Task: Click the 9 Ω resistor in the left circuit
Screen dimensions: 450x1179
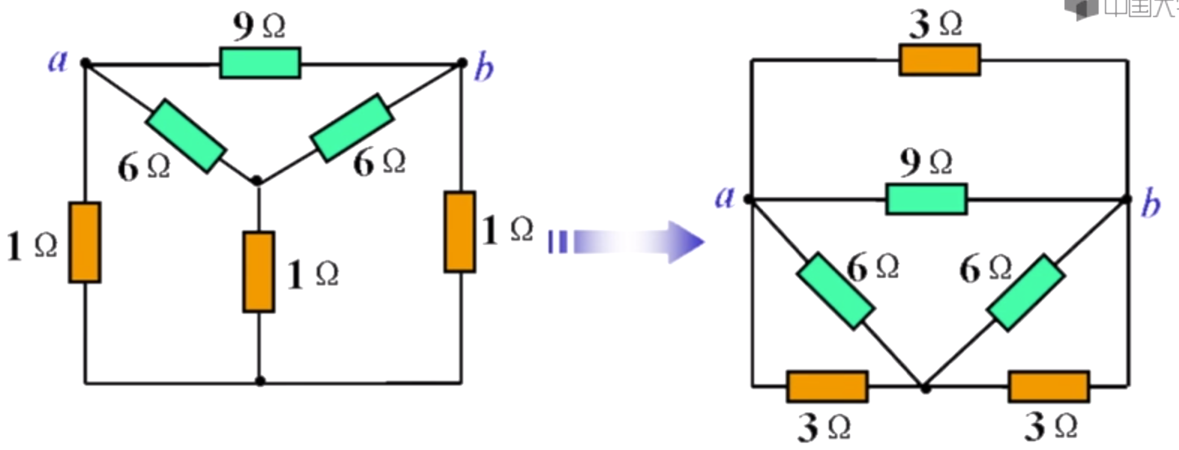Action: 260,64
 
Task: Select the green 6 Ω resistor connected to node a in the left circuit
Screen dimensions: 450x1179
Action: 185,136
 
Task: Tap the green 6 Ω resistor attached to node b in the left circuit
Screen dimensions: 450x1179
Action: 352,127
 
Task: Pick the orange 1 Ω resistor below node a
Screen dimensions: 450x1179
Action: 85,242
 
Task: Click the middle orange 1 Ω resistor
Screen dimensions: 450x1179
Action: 259,271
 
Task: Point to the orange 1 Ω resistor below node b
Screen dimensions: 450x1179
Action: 459,231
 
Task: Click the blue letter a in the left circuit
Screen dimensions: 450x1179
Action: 58,61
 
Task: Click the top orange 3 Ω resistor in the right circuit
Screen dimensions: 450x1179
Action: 939,60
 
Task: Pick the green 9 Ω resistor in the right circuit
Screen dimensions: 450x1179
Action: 926,199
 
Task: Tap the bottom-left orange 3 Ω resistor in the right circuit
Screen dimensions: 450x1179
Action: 827,386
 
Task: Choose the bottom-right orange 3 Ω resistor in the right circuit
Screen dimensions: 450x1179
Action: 1049,386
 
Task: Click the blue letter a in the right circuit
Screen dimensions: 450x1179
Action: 724,197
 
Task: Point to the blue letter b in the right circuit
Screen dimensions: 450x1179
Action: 1151,204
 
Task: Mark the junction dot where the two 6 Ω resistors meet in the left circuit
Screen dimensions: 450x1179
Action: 257,180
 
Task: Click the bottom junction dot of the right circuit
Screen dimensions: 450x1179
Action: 926,388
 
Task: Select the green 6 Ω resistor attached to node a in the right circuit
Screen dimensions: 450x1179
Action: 835,291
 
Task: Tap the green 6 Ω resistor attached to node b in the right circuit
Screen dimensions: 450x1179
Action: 1025,293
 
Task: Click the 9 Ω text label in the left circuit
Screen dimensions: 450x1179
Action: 259,26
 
